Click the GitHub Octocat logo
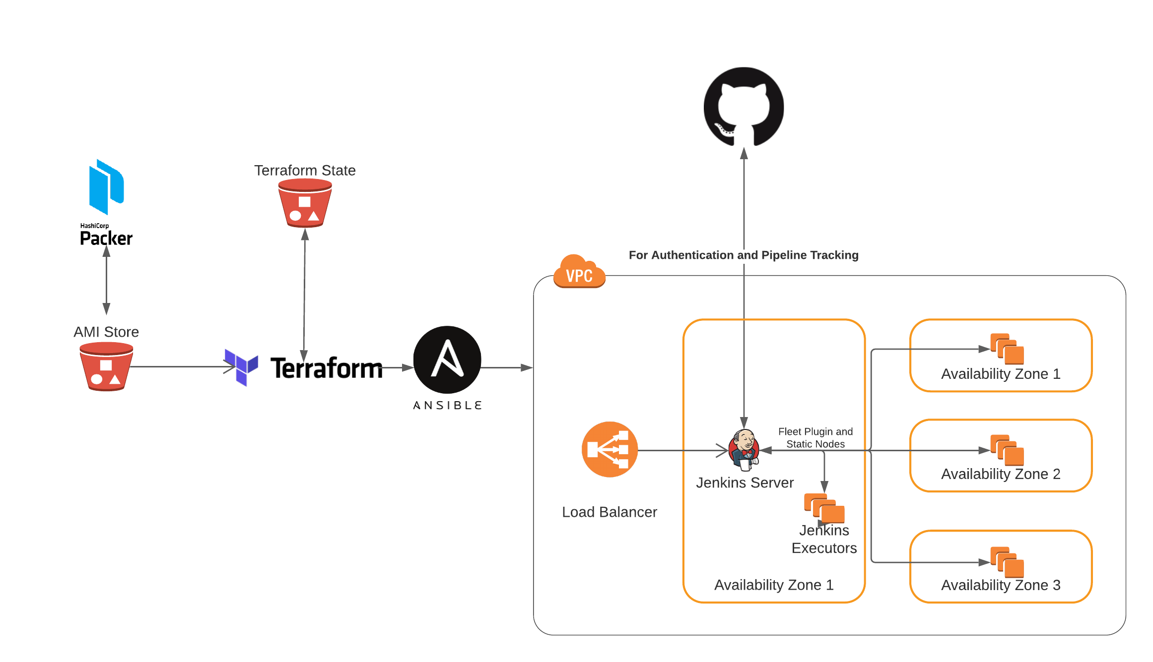pos(744,107)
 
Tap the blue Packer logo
pos(106,187)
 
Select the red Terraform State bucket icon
pos(305,203)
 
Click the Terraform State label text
pos(305,171)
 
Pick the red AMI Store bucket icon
pos(106,367)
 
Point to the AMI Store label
pos(106,332)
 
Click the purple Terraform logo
pos(242,367)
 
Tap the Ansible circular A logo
pos(447,360)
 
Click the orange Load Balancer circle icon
pos(610,449)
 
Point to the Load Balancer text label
pos(610,512)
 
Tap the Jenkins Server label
pos(745,482)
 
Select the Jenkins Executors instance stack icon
pos(824,508)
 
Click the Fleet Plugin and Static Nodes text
pos(815,437)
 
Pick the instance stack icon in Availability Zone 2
pos(1007,450)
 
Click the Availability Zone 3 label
pos(1001,585)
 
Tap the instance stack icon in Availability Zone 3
pos(1007,562)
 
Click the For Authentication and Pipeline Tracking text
pos(743,255)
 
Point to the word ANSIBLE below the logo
pos(447,406)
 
